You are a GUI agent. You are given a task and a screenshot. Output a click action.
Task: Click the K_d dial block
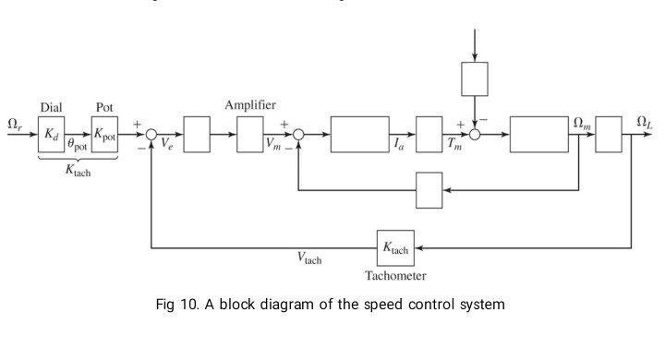pyautogui.click(x=51, y=134)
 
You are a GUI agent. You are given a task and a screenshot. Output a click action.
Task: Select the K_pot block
pyautogui.click(x=105, y=134)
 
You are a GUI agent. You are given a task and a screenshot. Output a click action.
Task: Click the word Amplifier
pyautogui.click(x=251, y=105)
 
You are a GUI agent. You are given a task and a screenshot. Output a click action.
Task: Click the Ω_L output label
pyautogui.click(x=645, y=122)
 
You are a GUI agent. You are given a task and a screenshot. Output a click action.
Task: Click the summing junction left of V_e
pyautogui.click(x=151, y=134)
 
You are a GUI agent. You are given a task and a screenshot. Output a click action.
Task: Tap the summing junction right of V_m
pyautogui.click(x=297, y=134)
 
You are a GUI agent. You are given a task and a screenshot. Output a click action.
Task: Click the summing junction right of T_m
pyautogui.click(x=475, y=134)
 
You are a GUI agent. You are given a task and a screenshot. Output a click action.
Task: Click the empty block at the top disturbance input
pyautogui.click(x=474, y=79)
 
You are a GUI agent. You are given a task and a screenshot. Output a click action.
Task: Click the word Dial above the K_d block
pyautogui.click(x=51, y=106)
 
